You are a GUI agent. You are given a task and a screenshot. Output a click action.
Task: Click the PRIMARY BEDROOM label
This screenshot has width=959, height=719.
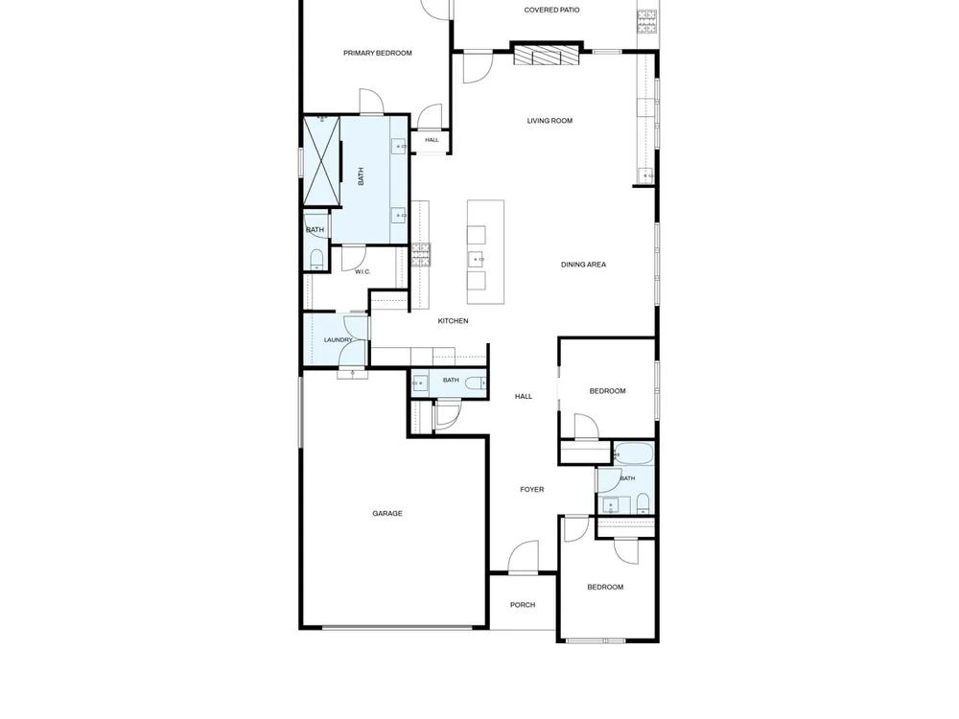(x=377, y=53)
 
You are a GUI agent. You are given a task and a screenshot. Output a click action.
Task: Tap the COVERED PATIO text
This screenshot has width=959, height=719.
(x=551, y=10)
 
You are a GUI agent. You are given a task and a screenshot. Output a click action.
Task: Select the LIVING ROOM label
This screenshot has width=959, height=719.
(x=550, y=121)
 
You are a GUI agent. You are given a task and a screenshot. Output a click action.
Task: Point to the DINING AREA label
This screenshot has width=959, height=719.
(x=583, y=265)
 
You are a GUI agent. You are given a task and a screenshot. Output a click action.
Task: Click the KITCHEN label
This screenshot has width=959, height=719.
(x=454, y=321)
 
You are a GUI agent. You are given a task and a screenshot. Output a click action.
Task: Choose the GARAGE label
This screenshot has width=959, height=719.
(x=387, y=514)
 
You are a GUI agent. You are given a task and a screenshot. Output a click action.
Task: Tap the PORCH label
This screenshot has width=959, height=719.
(x=523, y=605)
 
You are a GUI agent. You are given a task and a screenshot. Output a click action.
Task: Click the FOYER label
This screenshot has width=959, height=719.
(x=532, y=490)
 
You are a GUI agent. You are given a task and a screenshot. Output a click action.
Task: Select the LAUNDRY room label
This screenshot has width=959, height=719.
(x=339, y=340)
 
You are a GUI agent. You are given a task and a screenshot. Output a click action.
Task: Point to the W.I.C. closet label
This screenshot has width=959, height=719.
(x=363, y=272)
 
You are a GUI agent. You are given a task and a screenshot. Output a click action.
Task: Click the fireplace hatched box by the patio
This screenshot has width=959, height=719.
(x=547, y=55)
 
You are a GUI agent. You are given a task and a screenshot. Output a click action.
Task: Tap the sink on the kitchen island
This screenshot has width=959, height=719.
(x=477, y=260)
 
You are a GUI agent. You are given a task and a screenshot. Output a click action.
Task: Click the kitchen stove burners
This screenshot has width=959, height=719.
(x=421, y=255)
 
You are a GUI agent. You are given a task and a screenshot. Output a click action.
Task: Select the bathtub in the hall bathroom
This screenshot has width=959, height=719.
(x=634, y=454)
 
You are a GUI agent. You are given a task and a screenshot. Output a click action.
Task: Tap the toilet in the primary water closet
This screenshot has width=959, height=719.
(x=316, y=259)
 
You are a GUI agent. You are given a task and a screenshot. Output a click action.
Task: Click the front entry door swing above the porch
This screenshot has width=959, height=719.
(x=524, y=557)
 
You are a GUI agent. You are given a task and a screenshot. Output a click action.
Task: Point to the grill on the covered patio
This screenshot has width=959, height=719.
(x=647, y=22)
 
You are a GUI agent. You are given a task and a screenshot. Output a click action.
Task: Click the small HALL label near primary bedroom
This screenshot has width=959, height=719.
(x=432, y=140)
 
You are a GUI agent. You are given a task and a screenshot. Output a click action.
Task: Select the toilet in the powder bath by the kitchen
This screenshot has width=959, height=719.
(x=476, y=384)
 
